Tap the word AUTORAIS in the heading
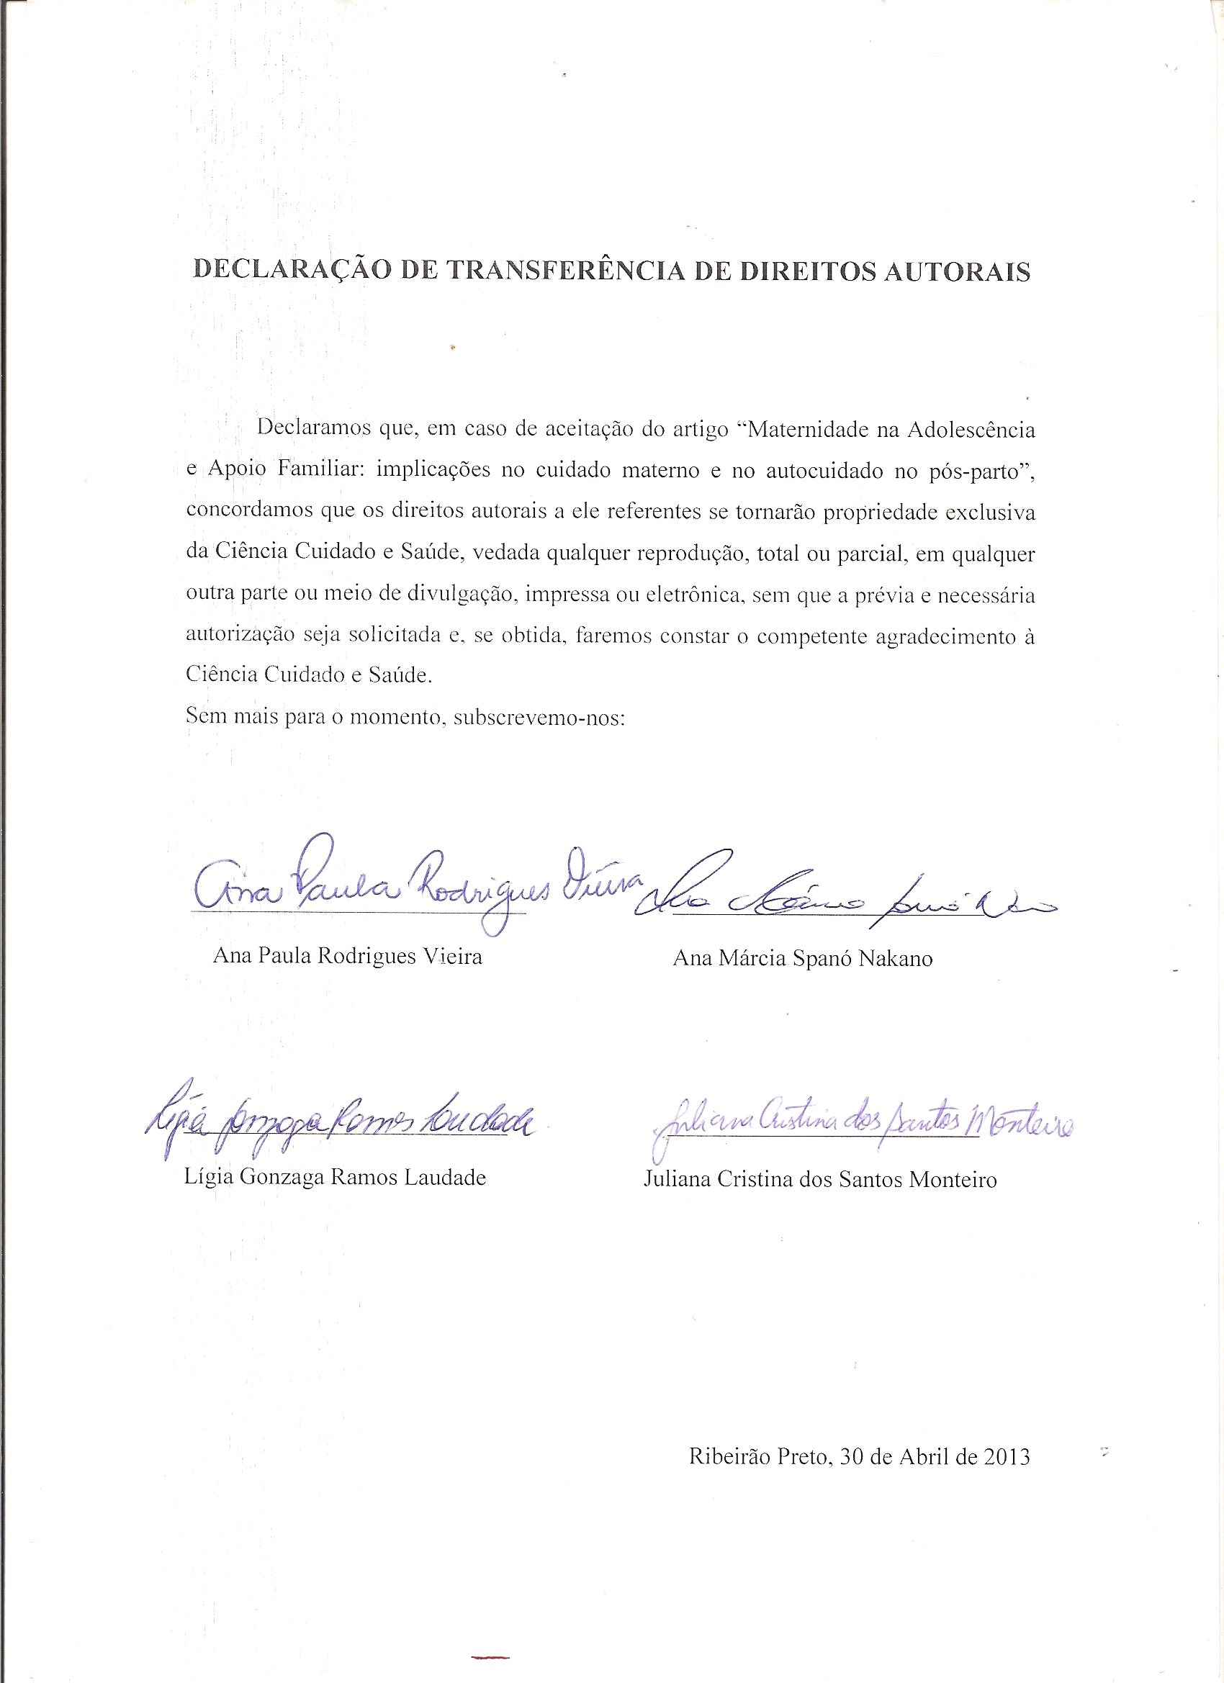(x=957, y=272)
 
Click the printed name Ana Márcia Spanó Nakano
(x=802, y=959)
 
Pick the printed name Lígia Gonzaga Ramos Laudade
(x=335, y=1178)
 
